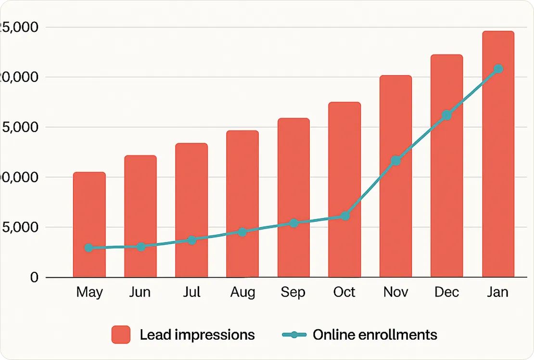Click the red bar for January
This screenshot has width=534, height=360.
tap(498, 159)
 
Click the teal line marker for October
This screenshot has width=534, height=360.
tap(345, 216)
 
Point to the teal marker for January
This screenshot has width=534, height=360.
tap(498, 69)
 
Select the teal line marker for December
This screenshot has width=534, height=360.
tap(447, 115)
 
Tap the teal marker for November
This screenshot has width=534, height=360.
tap(395, 161)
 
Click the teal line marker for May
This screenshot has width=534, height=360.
tap(89, 248)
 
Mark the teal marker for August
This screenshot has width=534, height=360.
tap(242, 232)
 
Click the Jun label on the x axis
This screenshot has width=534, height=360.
tap(140, 292)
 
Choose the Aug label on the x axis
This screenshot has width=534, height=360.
tap(242, 292)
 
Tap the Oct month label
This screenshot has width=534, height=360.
tap(344, 292)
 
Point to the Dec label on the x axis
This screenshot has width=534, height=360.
tap(446, 292)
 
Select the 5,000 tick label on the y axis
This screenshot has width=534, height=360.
tap(20, 227)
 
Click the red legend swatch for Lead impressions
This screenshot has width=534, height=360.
tap(121, 334)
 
